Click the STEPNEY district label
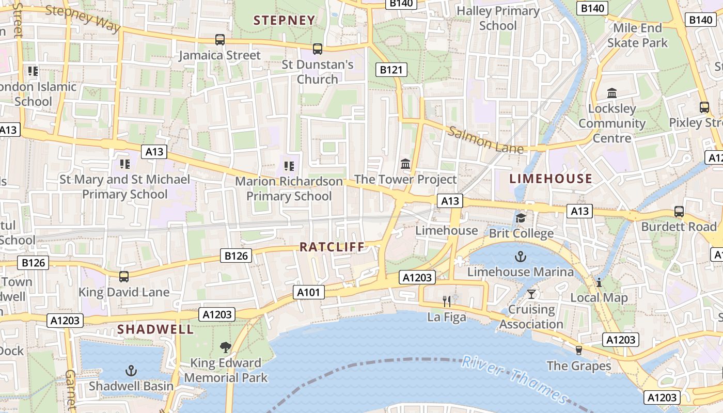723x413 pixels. click(284, 21)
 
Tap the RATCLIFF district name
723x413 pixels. click(332, 247)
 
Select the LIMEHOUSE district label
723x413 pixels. click(551, 179)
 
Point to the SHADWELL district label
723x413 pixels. click(155, 329)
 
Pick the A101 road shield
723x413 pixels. click(309, 292)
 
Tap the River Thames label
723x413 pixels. click(514, 379)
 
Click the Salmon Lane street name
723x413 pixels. click(485, 140)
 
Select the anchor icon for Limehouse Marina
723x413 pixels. click(521, 256)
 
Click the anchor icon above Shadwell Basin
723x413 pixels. click(131, 370)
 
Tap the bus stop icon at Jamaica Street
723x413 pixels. click(220, 40)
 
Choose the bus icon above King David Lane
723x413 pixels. click(124, 276)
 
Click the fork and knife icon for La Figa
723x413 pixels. click(447, 301)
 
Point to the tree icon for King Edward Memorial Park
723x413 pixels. click(226, 347)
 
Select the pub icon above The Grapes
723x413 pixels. click(578, 350)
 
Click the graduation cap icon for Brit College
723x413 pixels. click(521, 218)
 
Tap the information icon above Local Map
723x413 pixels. click(599, 282)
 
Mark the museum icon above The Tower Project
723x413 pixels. click(405, 164)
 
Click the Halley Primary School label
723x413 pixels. click(498, 18)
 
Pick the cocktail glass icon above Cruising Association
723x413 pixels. click(531, 294)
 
